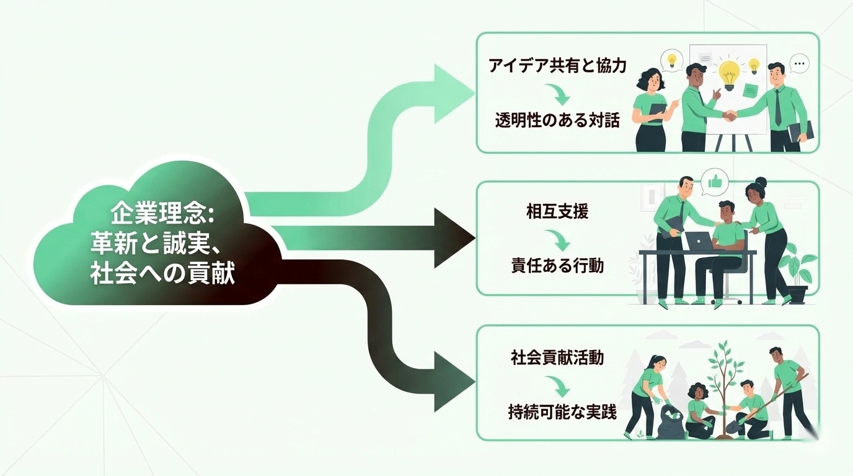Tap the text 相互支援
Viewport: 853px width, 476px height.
pyautogui.click(x=557, y=212)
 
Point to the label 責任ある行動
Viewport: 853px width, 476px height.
pyautogui.click(x=557, y=265)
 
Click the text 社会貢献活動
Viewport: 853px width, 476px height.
pyautogui.click(x=557, y=358)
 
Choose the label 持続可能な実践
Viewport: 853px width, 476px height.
pyautogui.click(x=557, y=412)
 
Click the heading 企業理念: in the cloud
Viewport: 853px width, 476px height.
pyautogui.click(x=162, y=214)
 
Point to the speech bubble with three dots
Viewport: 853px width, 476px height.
pyautogui.click(x=800, y=63)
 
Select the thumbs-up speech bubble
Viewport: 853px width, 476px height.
pyautogui.click(x=715, y=182)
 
